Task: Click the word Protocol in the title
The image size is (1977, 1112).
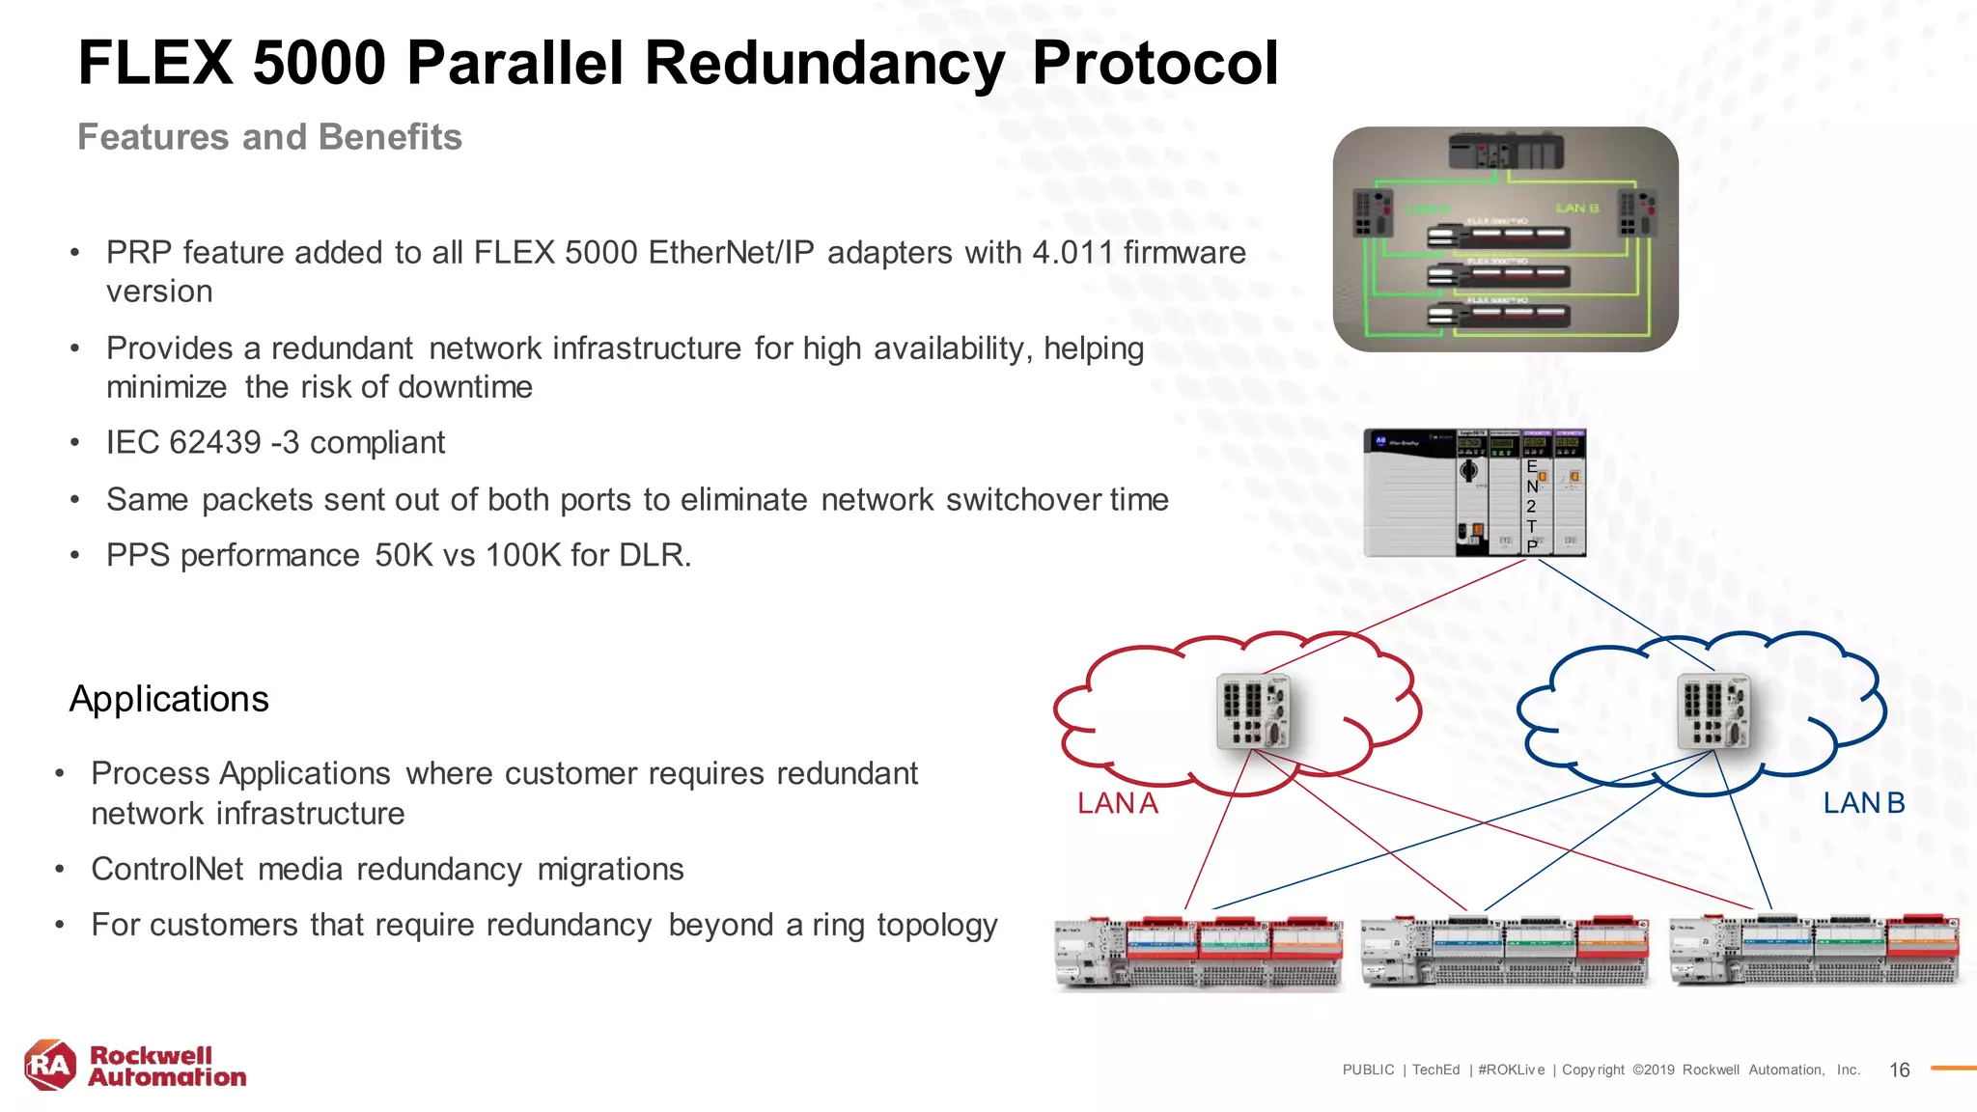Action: [x=1155, y=64]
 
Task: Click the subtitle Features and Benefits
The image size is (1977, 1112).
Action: [x=269, y=137]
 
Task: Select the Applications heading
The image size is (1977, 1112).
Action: [x=169, y=699]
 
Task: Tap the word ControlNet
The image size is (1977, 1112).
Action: [x=167, y=870]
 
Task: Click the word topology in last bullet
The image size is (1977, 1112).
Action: [x=936, y=926]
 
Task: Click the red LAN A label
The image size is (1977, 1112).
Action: [x=1117, y=803]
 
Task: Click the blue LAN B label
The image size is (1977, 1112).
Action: [x=1863, y=803]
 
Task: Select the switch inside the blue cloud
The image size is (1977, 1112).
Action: [x=1714, y=711]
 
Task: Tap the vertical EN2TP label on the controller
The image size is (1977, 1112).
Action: [x=1532, y=506]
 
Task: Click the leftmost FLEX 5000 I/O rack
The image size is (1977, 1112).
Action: [x=1198, y=952]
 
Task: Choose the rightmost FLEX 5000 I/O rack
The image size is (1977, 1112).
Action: [x=1815, y=952]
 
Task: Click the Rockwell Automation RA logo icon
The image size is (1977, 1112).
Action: [x=50, y=1065]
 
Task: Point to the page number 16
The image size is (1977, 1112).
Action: [x=1899, y=1070]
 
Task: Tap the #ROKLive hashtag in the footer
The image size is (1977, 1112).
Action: [x=1511, y=1070]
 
